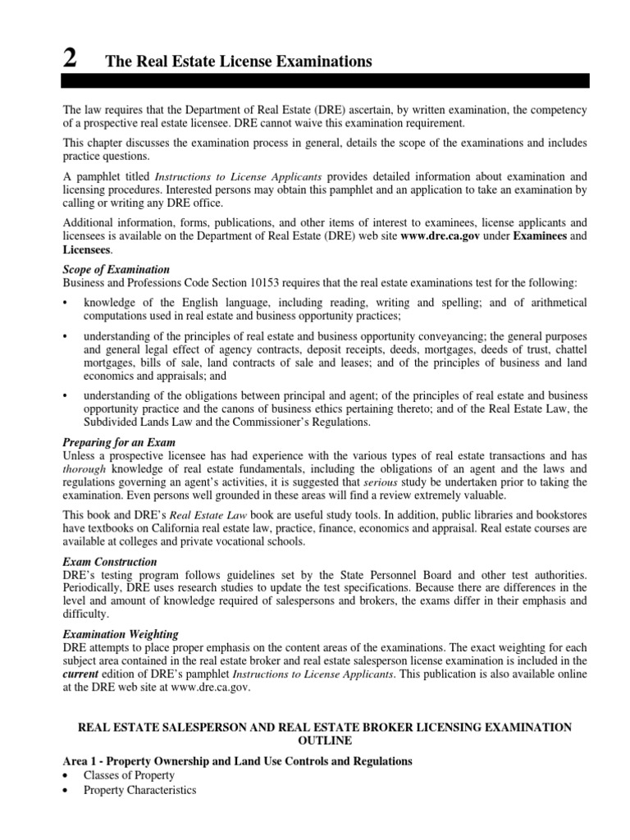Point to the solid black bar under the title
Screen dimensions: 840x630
coord(326,80)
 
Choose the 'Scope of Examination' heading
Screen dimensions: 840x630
coord(116,269)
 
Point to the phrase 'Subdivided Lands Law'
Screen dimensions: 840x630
coord(136,422)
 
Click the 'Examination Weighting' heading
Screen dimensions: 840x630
coord(118,635)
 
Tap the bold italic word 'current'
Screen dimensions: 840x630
coord(81,674)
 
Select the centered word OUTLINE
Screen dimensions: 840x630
coord(326,742)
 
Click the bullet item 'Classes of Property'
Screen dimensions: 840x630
coord(129,774)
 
